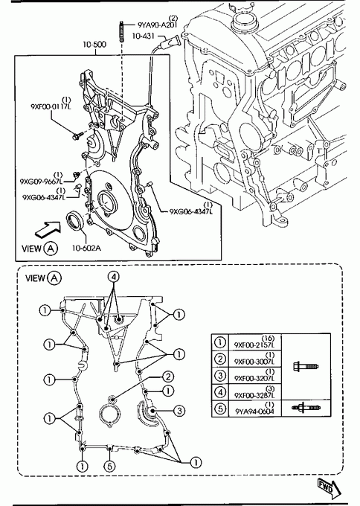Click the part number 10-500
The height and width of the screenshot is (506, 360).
(x=94, y=44)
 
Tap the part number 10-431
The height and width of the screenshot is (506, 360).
(x=143, y=36)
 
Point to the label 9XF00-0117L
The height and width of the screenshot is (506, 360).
(x=51, y=106)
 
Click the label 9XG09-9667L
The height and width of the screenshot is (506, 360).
(x=41, y=182)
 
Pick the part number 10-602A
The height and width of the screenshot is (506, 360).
(x=86, y=248)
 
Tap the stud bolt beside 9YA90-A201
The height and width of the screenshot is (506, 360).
(x=122, y=31)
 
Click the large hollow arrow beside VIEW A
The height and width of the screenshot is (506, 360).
(x=48, y=230)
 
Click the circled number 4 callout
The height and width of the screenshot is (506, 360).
(x=113, y=277)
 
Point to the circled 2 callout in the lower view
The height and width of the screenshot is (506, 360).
(x=168, y=377)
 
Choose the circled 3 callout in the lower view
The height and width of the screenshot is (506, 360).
(x=179, y=411)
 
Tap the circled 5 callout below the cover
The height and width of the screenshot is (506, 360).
(x=109, y=465)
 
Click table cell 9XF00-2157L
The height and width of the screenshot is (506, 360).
(x=255, y=342)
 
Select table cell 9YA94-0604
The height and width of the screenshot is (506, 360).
(x=255, y=409)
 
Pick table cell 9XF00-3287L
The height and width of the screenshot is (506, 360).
(x=255, y=392)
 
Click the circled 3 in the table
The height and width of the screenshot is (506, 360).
(x=220, y=375)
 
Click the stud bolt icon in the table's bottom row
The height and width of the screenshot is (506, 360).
(x=306, y=408)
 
